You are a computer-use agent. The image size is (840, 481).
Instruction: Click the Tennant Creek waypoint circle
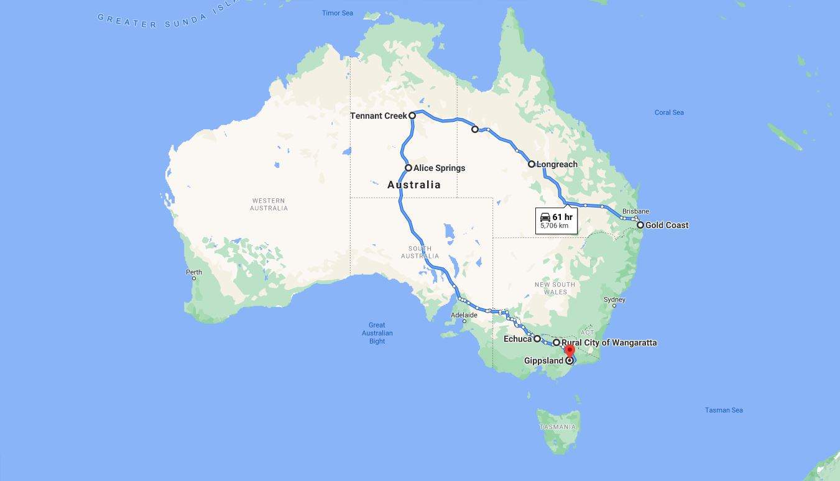point(412,116)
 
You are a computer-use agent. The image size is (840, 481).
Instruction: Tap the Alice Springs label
point(439,168)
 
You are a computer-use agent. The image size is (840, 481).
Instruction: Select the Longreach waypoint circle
point(532,164)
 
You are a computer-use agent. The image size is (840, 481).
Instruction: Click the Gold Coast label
point(667,225)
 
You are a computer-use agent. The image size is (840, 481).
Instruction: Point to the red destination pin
point(570,352)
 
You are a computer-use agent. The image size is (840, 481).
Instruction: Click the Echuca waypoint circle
point(537,339)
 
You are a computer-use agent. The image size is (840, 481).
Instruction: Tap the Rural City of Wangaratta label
point(609,342)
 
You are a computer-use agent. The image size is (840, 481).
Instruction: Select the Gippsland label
point(543,360)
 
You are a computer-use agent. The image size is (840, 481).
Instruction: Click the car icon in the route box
point(545,217)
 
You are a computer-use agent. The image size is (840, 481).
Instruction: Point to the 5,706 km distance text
point(554,226)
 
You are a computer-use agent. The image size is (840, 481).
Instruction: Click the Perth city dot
point(194,278)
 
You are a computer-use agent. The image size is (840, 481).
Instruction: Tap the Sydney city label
point(614,300)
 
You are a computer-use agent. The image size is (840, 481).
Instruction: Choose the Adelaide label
point(464,315)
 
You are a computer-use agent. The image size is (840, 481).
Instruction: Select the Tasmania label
point(558,427)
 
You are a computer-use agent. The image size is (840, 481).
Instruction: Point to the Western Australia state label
point(269,204)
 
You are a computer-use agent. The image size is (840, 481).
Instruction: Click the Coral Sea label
point(669,112)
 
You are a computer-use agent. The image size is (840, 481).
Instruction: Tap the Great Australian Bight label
point(377,333)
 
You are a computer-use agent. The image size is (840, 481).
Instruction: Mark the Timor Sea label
point(338,13)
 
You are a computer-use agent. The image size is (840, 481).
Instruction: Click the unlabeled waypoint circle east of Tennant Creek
point(475,129)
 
